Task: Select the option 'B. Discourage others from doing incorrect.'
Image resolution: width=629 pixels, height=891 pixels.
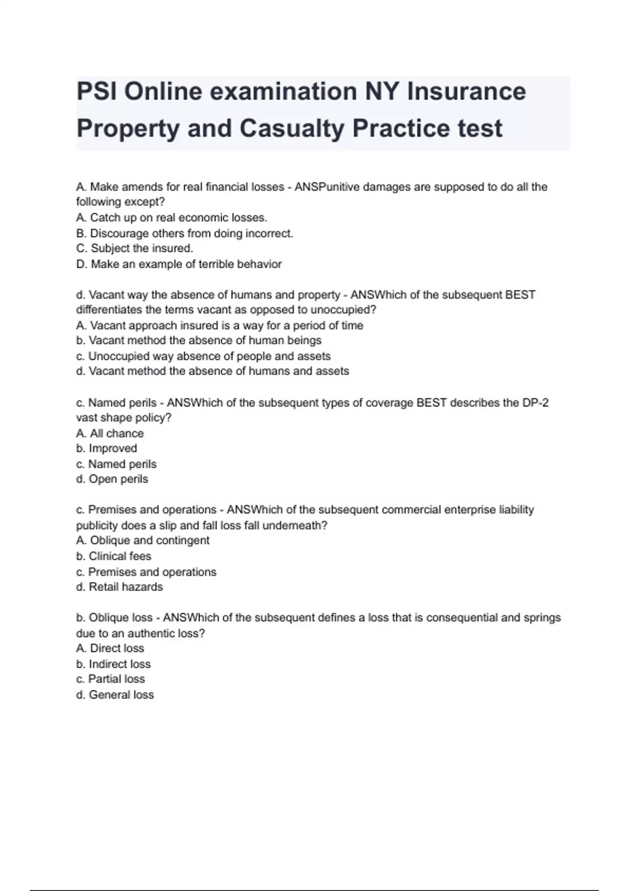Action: click(x=185, y=233)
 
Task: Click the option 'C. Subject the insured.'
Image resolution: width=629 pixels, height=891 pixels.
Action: click(x=135, y=248)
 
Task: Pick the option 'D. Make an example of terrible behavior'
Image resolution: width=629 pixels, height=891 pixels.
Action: click(x=179, y=264)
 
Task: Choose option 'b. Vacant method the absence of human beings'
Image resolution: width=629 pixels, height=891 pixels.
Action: click(x=199, y=341)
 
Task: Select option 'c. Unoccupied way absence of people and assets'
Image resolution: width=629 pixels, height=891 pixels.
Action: click(x=203, y=356)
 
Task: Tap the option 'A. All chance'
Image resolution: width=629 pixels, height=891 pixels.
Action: click(x=110, y=433)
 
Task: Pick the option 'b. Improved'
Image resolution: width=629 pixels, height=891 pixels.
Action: click(x=106, y=449)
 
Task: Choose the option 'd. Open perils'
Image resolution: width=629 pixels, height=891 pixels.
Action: click(x=112, y=479)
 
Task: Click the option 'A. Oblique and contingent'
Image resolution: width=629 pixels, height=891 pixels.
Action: click(x=143, y=540)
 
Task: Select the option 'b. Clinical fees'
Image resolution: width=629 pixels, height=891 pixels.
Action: click(x=114, y=556)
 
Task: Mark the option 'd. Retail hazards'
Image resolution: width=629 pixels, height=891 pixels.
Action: click(x=120, y=587)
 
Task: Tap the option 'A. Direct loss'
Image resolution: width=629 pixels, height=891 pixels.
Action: click(x=110, y=648)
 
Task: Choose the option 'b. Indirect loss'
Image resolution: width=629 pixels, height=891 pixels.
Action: click(x=113, y=664)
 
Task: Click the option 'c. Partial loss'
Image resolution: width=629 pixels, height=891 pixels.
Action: click(x=111, y=679)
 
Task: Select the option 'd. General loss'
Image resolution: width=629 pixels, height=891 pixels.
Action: click(x=115, y=695)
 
